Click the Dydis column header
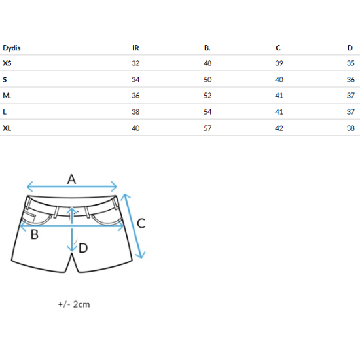(x=12, y=48)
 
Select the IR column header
(x=135, y=48)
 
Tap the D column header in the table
(x=350, y=48)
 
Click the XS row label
(x=7, y=63)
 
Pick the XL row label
(x=7, y=128)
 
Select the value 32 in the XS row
(x=135, y=63)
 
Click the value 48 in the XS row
(x=207, y=63)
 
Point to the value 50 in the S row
(x=207, y=79)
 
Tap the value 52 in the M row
(x=207, y=96)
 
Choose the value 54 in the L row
(x=207, y=111)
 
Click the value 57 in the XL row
(x=207, y=128)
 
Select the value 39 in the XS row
(x=279, y=63)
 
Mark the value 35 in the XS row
(x=351, y=63)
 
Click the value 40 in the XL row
(x=135, y=128)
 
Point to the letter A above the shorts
(x=71, y=179)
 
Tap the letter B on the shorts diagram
(x=35, y=234)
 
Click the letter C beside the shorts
(x=141, y=223)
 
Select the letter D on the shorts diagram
(x=83, y=248)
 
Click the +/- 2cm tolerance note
(x=74, y=304)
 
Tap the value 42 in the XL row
(x=279, y=128)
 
